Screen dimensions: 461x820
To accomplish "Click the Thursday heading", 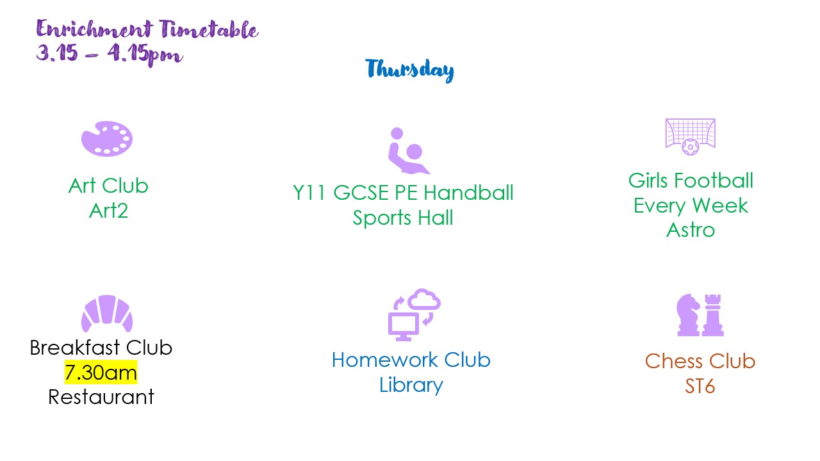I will click(409, 70).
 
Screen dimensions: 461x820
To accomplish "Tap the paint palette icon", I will click(106, 138).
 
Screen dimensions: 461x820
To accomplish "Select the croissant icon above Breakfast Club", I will click(107, 314).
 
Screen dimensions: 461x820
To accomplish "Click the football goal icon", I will click(690, 136).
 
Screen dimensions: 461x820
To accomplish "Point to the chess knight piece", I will click(688, 314).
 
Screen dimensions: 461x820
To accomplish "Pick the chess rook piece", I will click(712, 315).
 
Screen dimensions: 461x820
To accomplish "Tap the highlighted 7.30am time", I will click(101, 372).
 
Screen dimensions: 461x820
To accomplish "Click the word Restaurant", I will click(101, 397).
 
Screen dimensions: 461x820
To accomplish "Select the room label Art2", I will click(108, 210).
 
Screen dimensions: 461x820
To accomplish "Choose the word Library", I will click(411, 385).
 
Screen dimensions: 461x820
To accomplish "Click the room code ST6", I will click(700, 386).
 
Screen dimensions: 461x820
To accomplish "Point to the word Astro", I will click(690, 230).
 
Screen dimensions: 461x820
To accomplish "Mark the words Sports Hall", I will click(403, 218).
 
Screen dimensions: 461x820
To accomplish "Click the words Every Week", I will click(691, 206).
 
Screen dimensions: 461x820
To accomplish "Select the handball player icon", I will click(407, 151).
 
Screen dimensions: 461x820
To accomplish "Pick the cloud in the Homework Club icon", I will click(424, 298).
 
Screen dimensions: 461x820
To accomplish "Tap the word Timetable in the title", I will click(209, 29).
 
